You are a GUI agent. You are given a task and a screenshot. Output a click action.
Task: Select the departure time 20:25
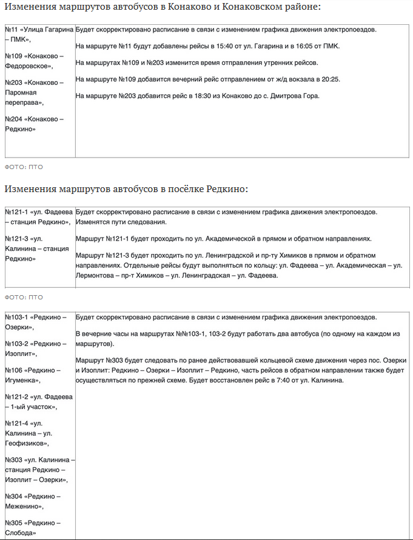tap(331, 79)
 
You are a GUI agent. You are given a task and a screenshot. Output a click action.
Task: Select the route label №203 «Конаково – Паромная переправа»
tap(34, 92)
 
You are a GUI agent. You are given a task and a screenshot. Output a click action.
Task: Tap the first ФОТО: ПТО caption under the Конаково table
tap(24, 167)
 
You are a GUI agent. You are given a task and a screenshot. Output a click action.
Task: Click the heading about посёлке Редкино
tap(126, 189)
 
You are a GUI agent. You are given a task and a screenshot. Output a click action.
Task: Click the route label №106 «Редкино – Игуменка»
tap(33, 375)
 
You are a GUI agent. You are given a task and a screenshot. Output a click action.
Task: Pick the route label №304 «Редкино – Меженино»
tap(33, 501)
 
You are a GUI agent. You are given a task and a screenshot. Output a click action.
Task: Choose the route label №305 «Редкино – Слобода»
tap(33, 527)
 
